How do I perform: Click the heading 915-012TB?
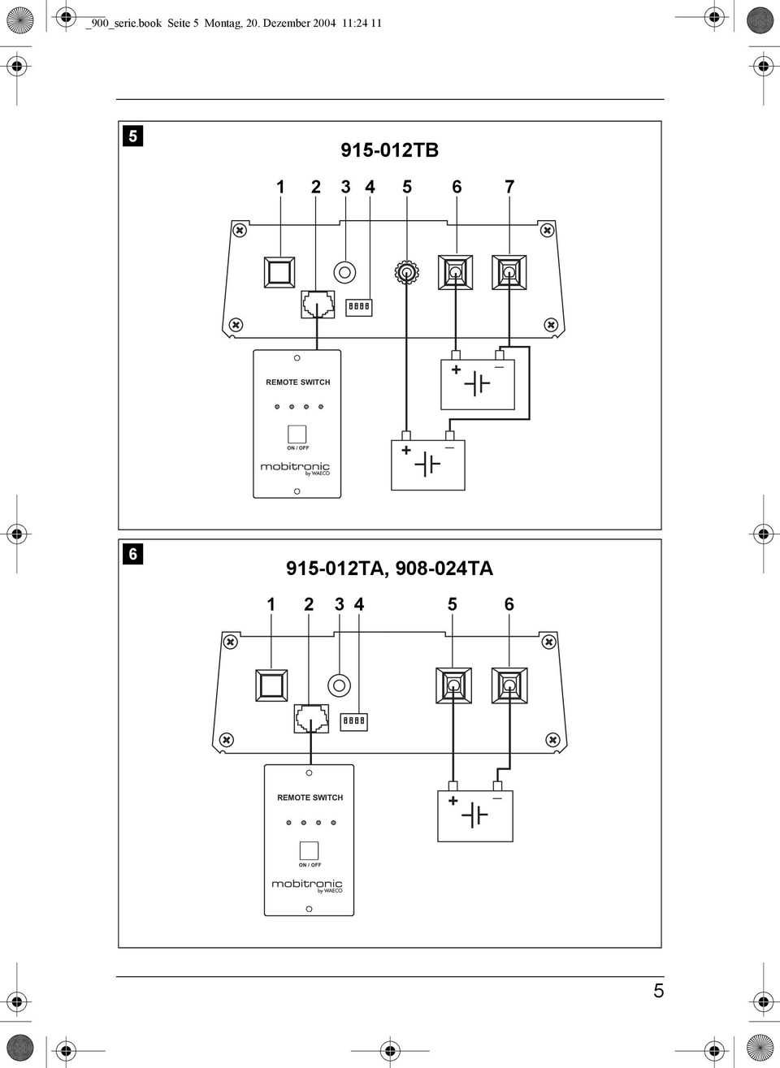coord(389,150)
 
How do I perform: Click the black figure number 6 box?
coord(132,554)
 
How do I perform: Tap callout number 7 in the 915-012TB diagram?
coord(509,187)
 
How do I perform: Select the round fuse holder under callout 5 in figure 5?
coord(406,273)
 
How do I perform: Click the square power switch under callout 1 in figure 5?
coord(279,272)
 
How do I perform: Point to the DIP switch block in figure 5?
coord(359,306)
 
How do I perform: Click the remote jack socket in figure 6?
coord(311,718)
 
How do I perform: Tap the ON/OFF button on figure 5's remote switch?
coord(297,435)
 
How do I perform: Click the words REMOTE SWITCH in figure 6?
coord(310,798)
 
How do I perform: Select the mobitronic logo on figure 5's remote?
coord(295,468)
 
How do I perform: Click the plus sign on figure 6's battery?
coord(453,801)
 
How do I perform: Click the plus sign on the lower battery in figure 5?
coord(406,450)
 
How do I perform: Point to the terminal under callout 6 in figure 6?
coord(509,685)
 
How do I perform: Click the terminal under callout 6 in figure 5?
coord(456,272)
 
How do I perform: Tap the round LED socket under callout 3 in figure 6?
coord(339,685)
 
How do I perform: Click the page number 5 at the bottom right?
coord(658,991)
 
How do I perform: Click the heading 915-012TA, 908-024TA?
coord(389,569)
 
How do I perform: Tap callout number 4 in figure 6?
coord(359,604)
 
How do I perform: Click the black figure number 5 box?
coord(132,136)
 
